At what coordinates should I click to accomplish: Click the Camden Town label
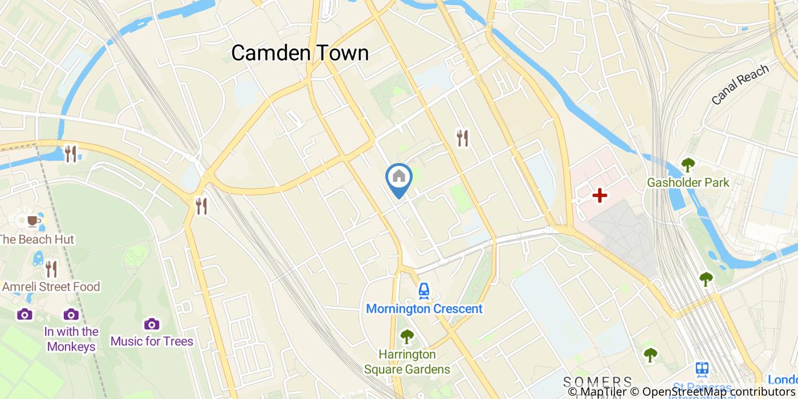300,53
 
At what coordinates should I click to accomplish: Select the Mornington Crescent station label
424,309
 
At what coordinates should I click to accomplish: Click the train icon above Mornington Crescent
424,291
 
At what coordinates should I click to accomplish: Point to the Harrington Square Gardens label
407,362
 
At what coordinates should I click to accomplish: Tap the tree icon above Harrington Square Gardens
406,337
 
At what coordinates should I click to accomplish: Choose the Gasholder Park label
688,183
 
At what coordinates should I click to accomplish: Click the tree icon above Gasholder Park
688,165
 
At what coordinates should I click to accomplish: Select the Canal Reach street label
740,84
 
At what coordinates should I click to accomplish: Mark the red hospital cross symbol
599,196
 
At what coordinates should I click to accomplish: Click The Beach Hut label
36,239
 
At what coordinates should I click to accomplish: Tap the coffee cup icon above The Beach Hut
33,221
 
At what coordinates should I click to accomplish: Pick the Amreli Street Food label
51,287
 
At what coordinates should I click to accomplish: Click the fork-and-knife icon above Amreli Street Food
51,268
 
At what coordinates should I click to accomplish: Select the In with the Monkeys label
71,339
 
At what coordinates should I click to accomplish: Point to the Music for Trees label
152,341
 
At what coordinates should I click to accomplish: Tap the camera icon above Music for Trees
152,324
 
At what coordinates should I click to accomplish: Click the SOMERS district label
597,381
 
